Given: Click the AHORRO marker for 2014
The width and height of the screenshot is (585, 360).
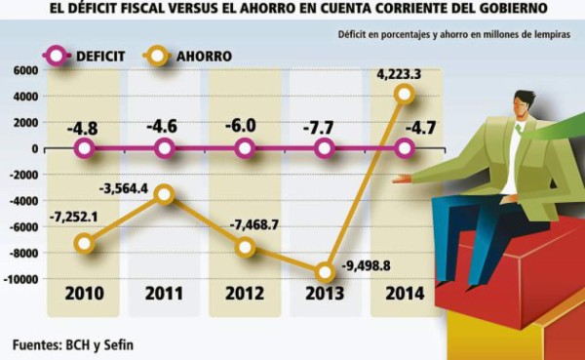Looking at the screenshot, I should pyautogui.click(x=406, y=95).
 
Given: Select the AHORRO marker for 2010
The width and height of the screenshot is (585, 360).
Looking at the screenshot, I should pyautogui.click(x=85, y=243).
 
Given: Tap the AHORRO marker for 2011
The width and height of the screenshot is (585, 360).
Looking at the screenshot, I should pyautogui.click(x=165, y=195).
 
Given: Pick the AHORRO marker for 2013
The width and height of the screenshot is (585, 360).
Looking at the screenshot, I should pyautogui.click(x=326, y=272).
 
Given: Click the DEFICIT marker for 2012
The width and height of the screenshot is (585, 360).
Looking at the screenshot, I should pyautogui.click(x=245, y=149).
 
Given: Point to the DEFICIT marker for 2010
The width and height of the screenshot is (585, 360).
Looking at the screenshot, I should pyautogui.click(x=85, y=149).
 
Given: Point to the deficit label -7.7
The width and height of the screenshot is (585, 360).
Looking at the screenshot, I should pyautogui.click(x=324, y=126).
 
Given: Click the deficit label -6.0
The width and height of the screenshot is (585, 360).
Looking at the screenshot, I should pyautogui.click(x=243, y=126).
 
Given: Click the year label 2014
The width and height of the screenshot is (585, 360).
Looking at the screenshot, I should pyautogui.click(x=403, y=297).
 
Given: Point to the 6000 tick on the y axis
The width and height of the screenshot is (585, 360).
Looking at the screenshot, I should pyautogui.click(x=25, y=71).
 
